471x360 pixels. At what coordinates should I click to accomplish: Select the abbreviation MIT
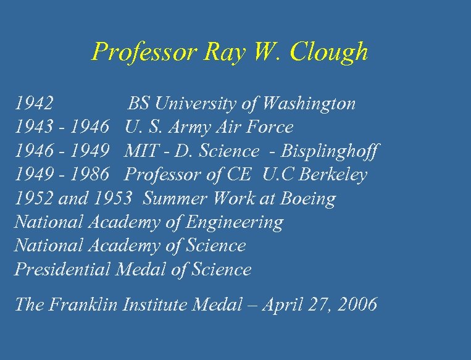139,151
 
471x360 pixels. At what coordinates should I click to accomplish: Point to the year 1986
90,175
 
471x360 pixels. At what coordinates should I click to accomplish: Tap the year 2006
356,305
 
